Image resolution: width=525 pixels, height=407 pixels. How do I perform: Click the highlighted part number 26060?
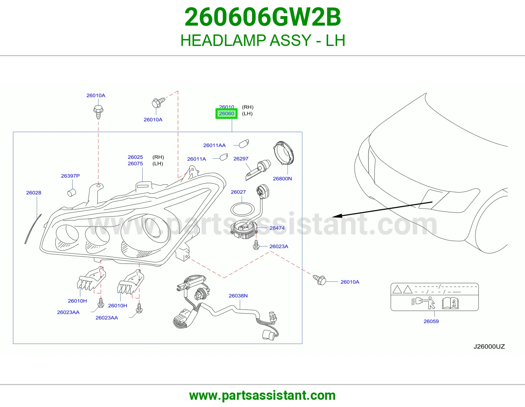pos(226,114)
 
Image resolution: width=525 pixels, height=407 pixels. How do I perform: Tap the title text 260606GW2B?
pos(262,17)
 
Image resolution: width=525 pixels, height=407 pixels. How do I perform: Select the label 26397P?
pos(70,176)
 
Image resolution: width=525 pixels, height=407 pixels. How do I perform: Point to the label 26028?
pos(33,193)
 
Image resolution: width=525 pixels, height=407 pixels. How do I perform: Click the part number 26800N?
pos(282,179)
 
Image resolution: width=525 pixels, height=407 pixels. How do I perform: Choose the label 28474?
pos(277,228)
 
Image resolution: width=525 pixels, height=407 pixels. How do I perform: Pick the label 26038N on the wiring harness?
pos(238,296)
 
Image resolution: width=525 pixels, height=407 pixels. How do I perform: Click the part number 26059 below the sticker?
pos(431,321)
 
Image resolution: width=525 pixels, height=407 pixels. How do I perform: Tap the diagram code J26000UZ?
pos(489,346)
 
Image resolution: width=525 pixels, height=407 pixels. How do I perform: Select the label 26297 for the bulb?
pos(241,159)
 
